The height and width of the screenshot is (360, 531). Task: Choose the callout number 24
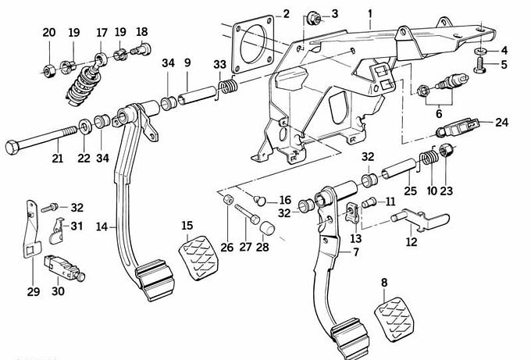[501, 122]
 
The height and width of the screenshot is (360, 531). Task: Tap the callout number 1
[370, 13]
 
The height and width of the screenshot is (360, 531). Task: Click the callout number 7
[357, 253]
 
